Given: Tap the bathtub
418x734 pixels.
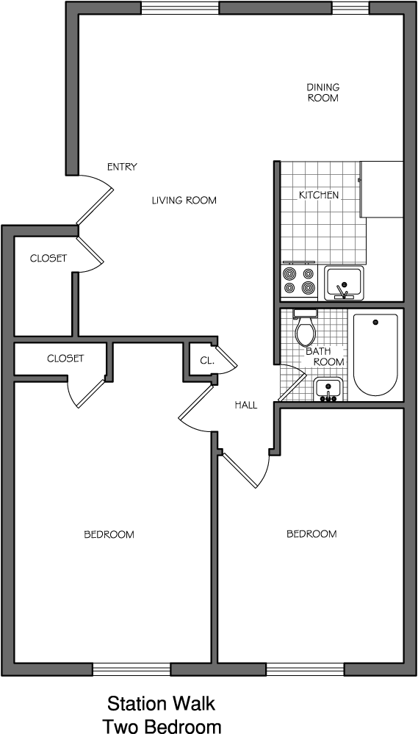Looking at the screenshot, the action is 375,355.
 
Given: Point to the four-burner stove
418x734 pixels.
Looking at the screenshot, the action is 299,281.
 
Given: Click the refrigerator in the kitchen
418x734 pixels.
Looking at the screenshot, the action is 382,189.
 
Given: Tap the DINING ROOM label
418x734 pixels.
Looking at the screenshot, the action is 323,93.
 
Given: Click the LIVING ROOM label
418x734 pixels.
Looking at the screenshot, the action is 184,201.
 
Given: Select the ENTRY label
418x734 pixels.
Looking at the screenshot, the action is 122,167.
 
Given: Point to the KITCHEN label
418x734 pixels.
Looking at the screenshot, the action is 319,195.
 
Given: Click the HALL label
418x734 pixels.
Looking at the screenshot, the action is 246,406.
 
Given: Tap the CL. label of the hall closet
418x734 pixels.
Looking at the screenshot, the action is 207,361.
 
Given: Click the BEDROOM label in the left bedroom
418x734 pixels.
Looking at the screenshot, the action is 109,534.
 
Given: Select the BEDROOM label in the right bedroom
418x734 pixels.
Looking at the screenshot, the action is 311,533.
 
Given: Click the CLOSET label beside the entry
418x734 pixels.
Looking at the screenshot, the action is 48,258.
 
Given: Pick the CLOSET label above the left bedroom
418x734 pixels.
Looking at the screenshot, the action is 65,359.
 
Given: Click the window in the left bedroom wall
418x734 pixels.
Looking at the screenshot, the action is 131,669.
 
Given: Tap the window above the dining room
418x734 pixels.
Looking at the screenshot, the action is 350,8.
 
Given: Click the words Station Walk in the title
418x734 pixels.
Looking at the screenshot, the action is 162,704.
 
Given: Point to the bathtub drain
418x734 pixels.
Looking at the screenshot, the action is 375,322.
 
